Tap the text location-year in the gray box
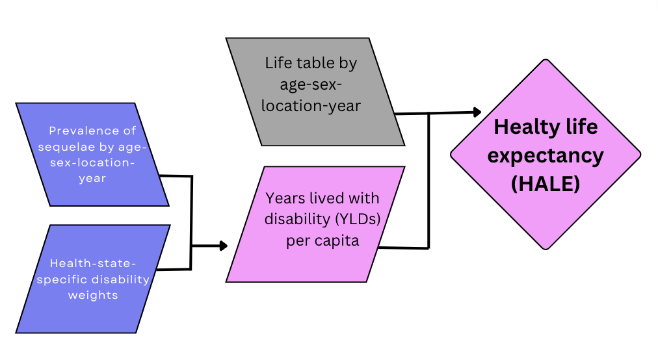pos(311,105)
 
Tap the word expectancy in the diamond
pos(545,155)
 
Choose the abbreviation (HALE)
pos(545,184)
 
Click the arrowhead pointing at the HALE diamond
pos(477,112)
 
